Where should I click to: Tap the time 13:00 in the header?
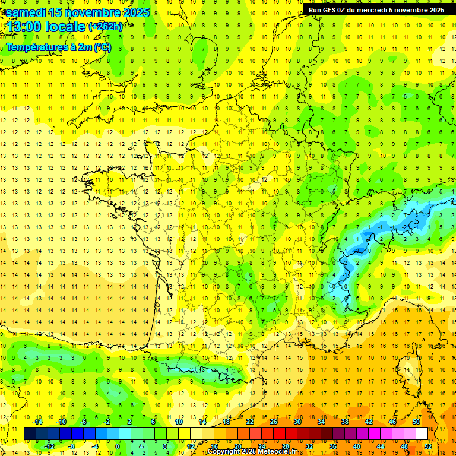[x=23, y=27]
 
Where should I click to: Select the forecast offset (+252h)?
[x=106, y=27]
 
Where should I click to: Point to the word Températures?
[x=35, y=47]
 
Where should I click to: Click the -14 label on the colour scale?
[x=38, y=422]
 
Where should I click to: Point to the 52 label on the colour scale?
[x=427, y=446]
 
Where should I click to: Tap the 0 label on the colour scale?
[x=118, y=446]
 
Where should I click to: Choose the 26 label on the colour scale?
[x=274, y=422]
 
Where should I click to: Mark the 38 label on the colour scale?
[x=345, y=422]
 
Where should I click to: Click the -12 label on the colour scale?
[x=49, y=446]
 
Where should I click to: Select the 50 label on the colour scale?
[x=416, y=422]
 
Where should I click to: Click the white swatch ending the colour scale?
[x=422, y=434]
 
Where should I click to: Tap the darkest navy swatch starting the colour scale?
[x=30, y=434]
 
